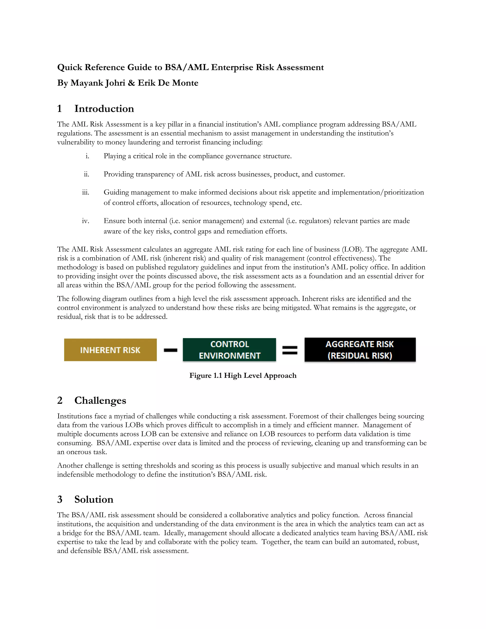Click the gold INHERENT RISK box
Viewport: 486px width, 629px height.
(110, 350)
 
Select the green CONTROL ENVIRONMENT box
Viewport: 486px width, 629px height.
(229, 350)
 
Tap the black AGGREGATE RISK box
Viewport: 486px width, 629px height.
(360, 350)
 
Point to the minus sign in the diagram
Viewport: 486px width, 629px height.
(170, 350)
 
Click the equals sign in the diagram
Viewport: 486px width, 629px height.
(290, 350)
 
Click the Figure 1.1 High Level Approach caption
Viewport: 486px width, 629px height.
(243, 376)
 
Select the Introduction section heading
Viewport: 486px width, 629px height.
(104, 109)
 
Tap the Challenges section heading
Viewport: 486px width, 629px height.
(100, 401)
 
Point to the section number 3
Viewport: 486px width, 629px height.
(60, 499)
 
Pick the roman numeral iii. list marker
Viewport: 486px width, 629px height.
(85, 192)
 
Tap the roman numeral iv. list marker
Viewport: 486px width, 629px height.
(85, 221)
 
